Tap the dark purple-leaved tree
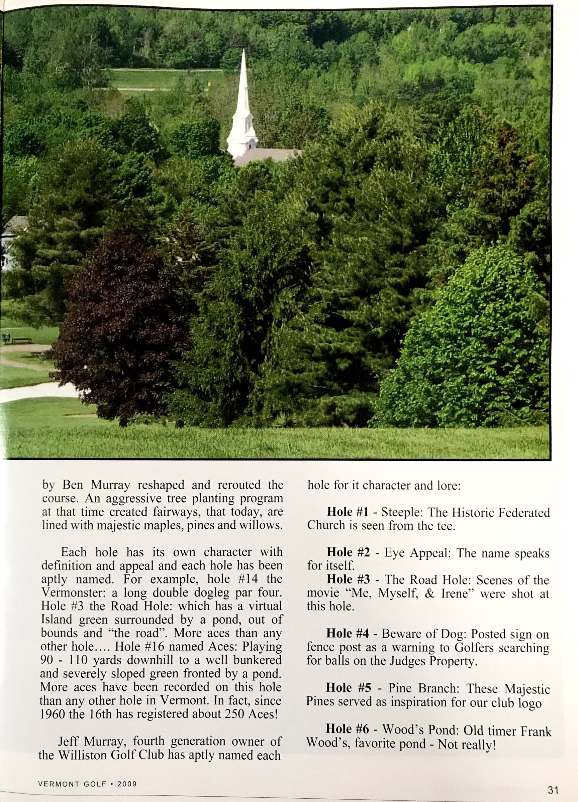pos(120,329)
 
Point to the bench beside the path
pos(22,340)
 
